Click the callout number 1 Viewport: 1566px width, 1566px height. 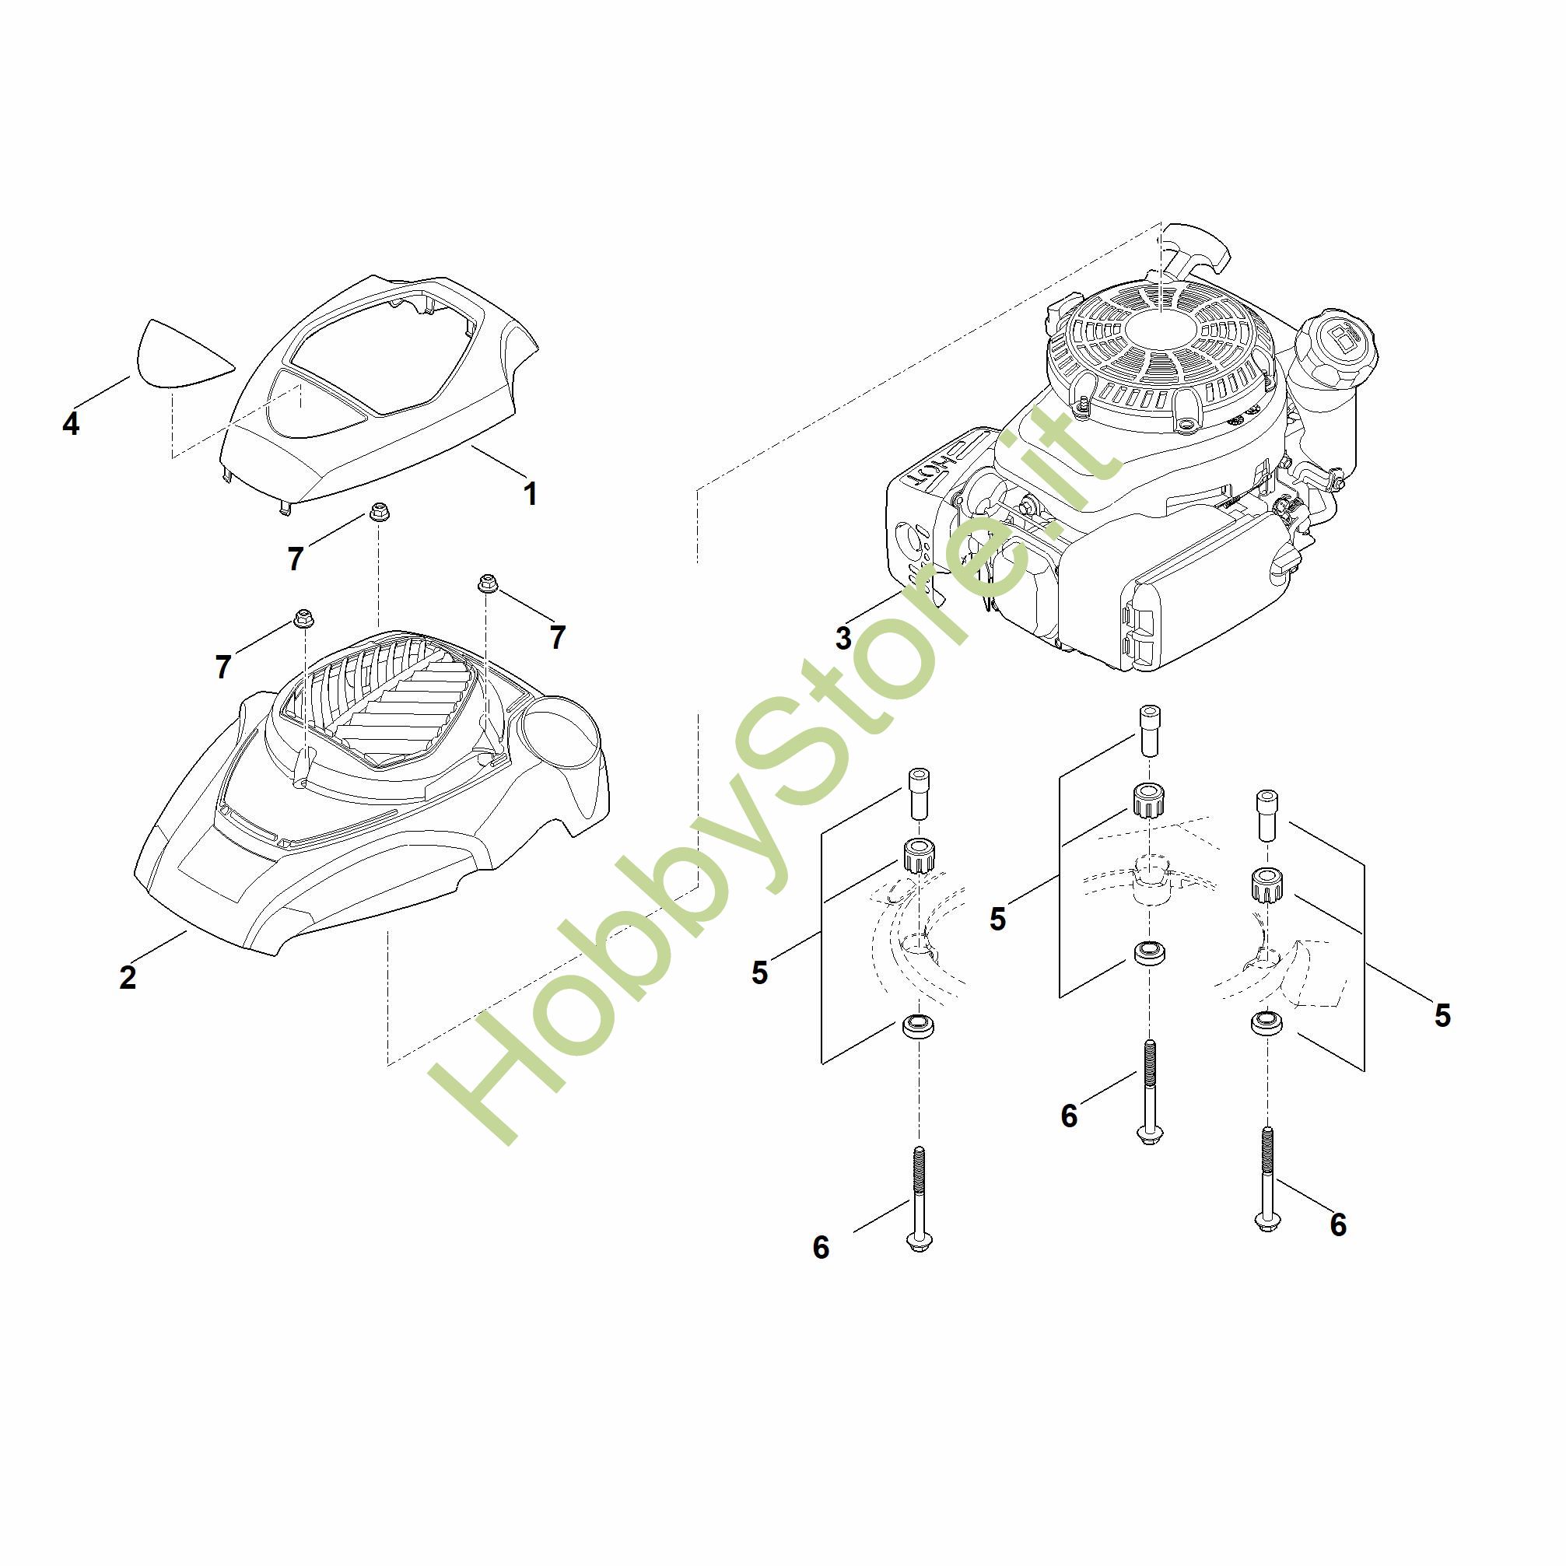coord(530,494)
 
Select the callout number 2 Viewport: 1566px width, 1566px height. coord(128,978)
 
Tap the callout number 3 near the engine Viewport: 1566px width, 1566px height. coord(844,639)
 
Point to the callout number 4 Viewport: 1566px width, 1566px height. coord(72,423)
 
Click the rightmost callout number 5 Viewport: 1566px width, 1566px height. coord(1442,1014)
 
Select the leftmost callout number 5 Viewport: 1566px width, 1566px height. coord(758,972)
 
